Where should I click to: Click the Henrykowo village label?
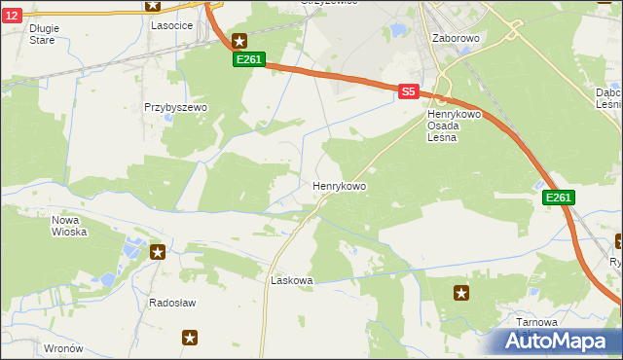tap(339, 185)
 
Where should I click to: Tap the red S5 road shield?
tap(408, 91)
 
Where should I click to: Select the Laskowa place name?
tap(291, 280)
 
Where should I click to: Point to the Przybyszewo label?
tap(176, 108)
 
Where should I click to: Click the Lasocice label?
tap(170, 26)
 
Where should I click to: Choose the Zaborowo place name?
tap(456, 39)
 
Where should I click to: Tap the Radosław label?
tap(172, 303)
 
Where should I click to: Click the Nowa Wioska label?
tap(69, 226)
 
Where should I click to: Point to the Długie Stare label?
tap(44, 34)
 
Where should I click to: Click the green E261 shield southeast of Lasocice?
tap(248, 60)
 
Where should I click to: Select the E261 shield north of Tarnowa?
tap(559, 198)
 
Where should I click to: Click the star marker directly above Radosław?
tap(158, 253)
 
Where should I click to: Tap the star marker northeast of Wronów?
tap(190, 338)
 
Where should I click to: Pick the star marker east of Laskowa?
tap(461, 292)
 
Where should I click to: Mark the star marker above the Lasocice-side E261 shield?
tap(239, 41)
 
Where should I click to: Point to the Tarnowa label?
tap(537, 322)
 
